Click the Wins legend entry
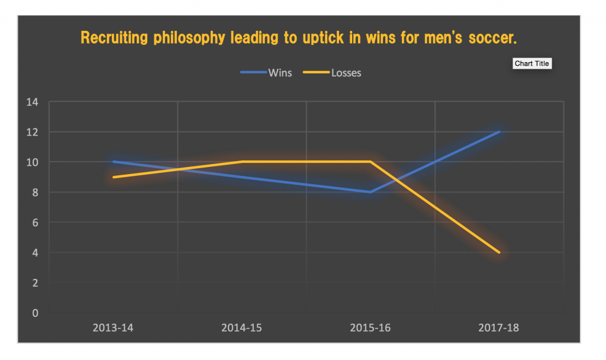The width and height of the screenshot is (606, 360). [x=267, y=73]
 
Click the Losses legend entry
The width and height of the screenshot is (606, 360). [x=333, y=73]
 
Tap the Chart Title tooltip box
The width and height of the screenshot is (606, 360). [x=531, y=63]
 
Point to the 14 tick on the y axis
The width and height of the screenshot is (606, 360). [x=32, y=102]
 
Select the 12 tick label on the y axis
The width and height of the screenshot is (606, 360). [x=32, y=132]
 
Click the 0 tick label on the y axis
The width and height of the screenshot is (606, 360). [x=35, y=313]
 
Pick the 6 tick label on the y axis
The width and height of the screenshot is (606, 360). [x=35, y=223]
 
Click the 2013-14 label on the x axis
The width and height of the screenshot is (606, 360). [x=113, y=327]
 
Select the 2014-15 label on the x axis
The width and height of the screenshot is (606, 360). [x=241, y=327]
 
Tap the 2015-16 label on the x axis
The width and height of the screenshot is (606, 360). [x=370, y=327]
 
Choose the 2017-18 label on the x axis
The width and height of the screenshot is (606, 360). [x=499, y=327]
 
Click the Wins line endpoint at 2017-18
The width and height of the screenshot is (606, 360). [x=499, y=131]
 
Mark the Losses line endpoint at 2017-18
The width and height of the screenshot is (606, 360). [x=499, y=252]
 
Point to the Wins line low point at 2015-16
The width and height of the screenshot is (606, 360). [x=370, y=192]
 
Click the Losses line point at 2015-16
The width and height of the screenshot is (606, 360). [x=370, y=162]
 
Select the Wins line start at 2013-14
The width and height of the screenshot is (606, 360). [x=113, y=162]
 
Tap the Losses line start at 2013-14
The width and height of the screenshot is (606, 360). [x=113, y=177]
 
